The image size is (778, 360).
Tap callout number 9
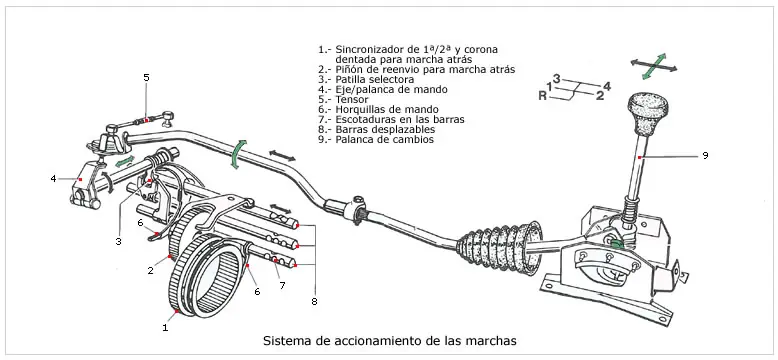[x=705, y=156]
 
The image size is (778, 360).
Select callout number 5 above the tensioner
[x=146, y=77]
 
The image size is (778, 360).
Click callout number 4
[x=54, y=179]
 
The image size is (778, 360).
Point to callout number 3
[x=119, y=241]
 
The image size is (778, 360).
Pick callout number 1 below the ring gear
[x=165, y=327]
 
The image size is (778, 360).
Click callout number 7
[x=282, y=286]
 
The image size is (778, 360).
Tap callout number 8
[x=315, y=300]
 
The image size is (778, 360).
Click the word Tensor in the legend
[x=352, y=100]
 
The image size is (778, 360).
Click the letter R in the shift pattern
[x=542, y=96]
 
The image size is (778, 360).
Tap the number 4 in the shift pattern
[x=607, y=86]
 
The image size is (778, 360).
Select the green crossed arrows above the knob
[x=654, y=66]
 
